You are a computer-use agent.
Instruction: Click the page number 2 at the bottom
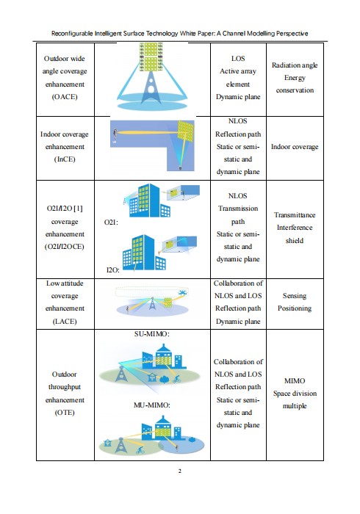180,471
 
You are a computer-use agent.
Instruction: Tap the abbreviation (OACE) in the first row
65,97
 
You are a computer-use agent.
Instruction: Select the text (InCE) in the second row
65,159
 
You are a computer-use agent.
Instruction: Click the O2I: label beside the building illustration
111,222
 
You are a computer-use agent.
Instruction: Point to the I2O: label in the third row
113,269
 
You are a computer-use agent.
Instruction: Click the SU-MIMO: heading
152,334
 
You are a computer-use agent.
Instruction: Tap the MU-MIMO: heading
152,405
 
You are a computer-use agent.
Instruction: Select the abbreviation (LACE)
65,322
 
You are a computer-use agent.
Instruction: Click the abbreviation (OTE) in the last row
65,413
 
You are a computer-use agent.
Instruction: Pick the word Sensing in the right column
295,296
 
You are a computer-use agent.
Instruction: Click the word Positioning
295,308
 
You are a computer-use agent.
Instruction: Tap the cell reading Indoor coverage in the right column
295,147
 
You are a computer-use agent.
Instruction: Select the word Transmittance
295,215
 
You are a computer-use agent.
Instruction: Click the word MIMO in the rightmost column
295,381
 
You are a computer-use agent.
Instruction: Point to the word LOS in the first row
238,59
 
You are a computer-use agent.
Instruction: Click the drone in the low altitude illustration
182,292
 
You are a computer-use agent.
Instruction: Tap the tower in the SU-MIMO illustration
121,374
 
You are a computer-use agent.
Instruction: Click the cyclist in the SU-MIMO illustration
176,379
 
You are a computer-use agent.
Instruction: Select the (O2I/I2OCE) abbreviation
65,247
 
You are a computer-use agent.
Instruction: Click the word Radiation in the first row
284,65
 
